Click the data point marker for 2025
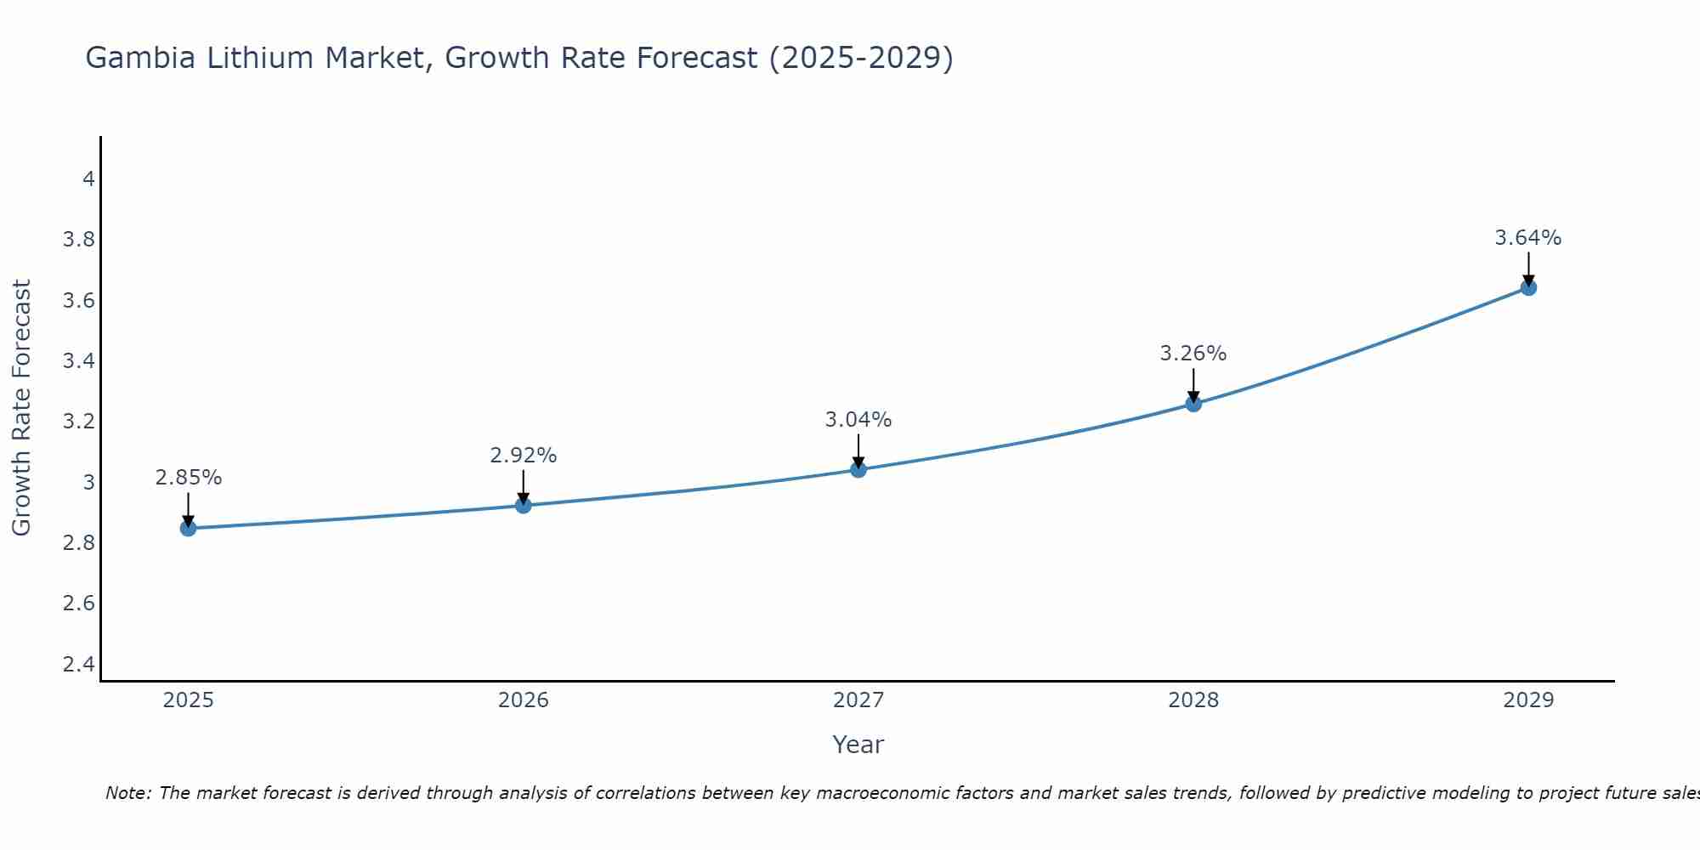pyautogui.click(x=188, y=529)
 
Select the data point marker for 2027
pyautogui.click(x=858, y=469)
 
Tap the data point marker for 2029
pyautogui.click(x=1528, y=287)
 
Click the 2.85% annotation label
pyautogui.click(x=188, y=478)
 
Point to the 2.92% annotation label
pyautogui.click(x=523, y=456)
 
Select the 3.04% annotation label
pyautogui.click(x=858, y=420)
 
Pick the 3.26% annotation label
pyautogui.click(x=1193, y=354)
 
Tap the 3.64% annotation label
pyautogui.click(x=1528, y=238)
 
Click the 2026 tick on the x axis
pyautogui.click(x=523, y=700)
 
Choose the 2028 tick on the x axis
pyautogui.click(x=1193, y=700)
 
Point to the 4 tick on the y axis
pyautogui.click(x=88, y=179)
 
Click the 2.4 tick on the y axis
pyautogui.click(x=78, y=664)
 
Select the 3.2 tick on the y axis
pyautogui.click(x=78, y=422)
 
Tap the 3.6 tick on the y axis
pyautogui.click(x=78, y=301)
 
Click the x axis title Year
pyautogui.click(x=858, y=745)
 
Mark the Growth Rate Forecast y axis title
pyautogui.click(x=21, y=408)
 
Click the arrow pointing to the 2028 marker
pyautogui.click(x=1193, y=384)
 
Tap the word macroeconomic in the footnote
pyautogui.click(x=864, y=793)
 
